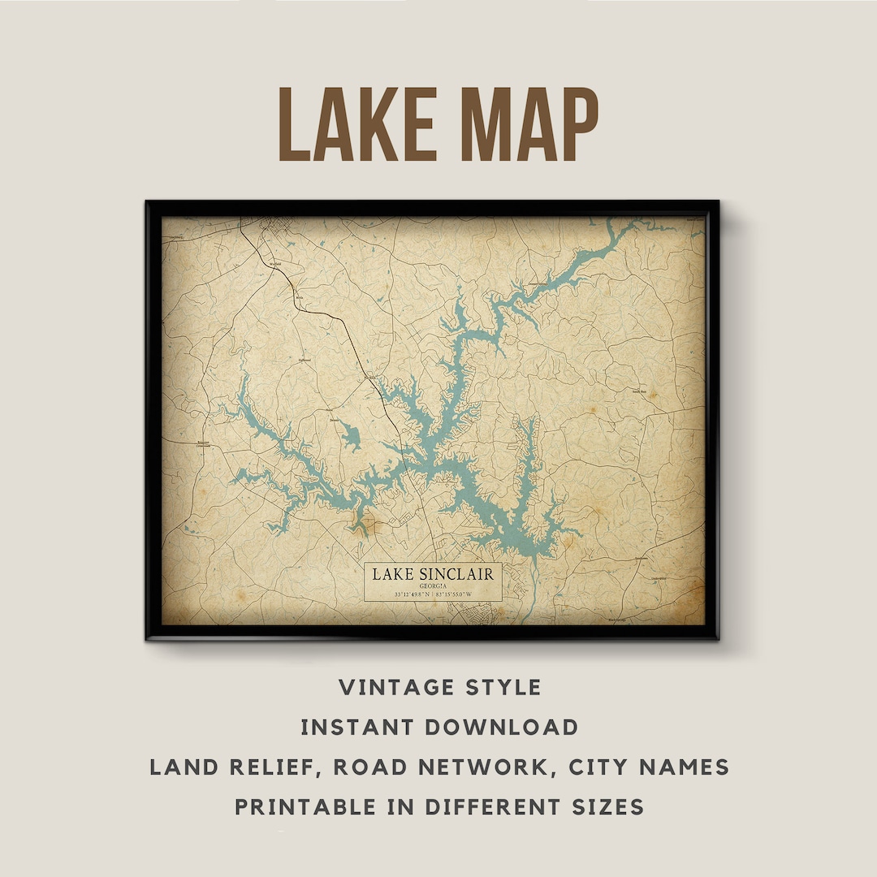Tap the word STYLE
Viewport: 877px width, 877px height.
pyautogui.click(x=501, y=687)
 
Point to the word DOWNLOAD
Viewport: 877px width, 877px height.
pyautogui.click(x=500, y=727)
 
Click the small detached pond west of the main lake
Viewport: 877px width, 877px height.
pyautogui.click(x=350, y=436)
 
